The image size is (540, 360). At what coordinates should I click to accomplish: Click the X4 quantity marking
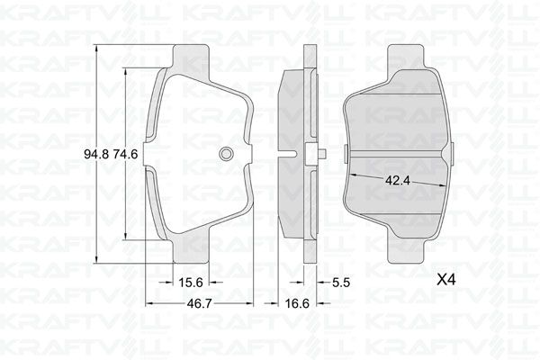(445, 280)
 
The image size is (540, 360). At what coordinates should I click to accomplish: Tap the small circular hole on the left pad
(226, 153)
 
